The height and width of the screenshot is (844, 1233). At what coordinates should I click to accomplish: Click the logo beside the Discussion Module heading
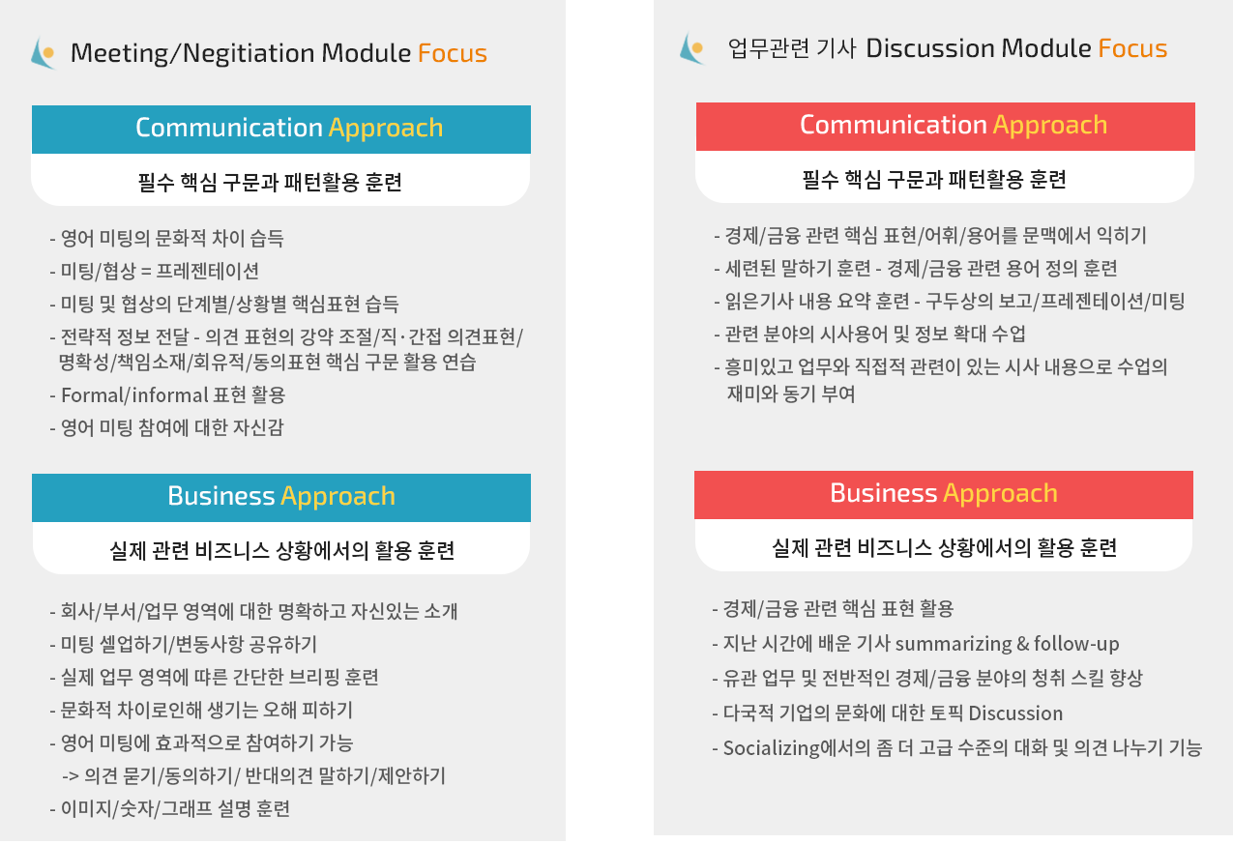691,48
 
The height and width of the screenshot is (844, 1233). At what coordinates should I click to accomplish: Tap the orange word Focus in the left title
453,53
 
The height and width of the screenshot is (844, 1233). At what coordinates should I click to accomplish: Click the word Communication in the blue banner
229,128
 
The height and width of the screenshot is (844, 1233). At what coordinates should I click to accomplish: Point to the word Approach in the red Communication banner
1050,126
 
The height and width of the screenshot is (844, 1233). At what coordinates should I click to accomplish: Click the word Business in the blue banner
221,496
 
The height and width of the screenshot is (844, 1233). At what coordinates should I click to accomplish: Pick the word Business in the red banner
884,493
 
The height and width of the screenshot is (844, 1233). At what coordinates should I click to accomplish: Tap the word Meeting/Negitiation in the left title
192,53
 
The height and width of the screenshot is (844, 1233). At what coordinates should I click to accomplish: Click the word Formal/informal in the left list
134,395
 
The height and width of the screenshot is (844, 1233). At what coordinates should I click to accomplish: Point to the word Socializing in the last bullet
771,748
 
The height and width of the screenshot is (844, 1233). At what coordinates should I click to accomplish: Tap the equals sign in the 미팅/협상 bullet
146,272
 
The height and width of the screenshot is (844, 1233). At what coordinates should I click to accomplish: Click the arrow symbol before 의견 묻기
71,776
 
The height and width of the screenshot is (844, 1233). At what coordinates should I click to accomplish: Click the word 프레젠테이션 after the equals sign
208,271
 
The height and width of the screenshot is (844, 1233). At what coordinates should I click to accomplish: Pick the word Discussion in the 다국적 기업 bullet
1015,713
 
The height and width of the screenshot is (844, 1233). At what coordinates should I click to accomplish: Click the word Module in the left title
367,53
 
